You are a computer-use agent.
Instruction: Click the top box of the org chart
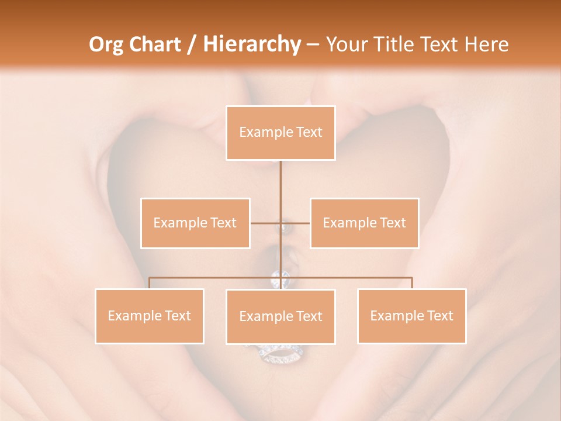[280, 133]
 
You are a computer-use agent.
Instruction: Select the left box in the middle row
[195, 223]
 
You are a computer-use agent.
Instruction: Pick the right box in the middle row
[364, 223]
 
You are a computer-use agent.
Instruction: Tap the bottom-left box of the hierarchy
[150, 316]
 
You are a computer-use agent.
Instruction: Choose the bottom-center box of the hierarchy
[280, 316]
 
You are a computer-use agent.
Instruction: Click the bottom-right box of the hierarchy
[411, 316]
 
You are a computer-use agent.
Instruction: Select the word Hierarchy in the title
[251, 44]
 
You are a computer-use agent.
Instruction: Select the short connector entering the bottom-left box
[150, 283]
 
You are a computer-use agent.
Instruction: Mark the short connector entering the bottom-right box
[411, 283]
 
